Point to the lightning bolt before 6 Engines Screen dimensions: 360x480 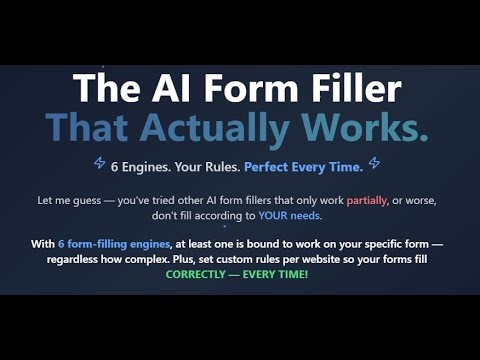coord(100,162)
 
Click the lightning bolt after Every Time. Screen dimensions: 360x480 coord(374,162)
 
